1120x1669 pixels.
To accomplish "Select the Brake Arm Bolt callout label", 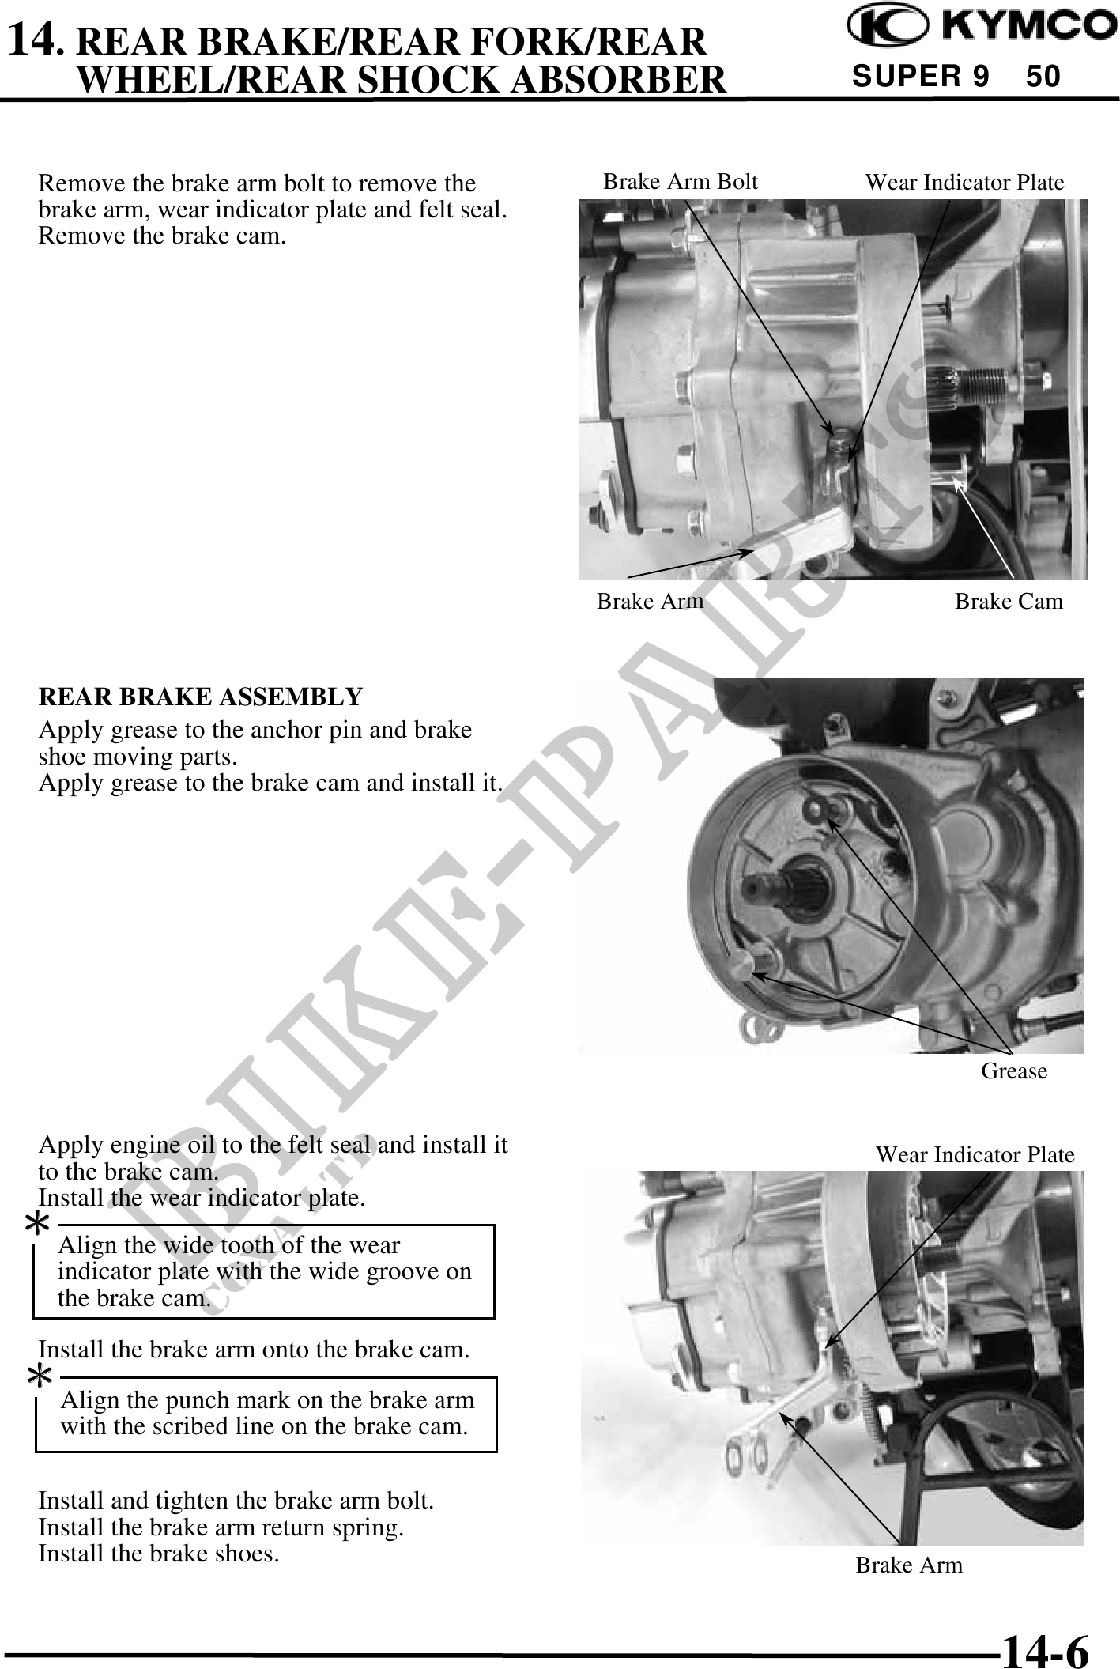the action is tap(680, 182).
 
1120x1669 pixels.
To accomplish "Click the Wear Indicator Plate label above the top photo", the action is tap(964, 183).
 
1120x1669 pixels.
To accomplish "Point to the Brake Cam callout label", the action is tap(1009, 601).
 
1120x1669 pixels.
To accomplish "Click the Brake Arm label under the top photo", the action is tap(650, 601).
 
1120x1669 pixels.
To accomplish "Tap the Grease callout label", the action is tap(1014, 1071).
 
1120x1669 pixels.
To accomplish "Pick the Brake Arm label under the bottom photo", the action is tap(909, 1565).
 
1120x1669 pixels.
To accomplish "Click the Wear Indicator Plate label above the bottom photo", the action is tap(975, 1154).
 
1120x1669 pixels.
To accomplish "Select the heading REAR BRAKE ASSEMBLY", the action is tap(201, 697).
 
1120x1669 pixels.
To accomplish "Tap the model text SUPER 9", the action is tap(920, 77).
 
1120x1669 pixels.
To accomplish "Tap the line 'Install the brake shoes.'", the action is tap(159, 1553).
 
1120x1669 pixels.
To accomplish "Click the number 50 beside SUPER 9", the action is tap(1043, 77).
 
